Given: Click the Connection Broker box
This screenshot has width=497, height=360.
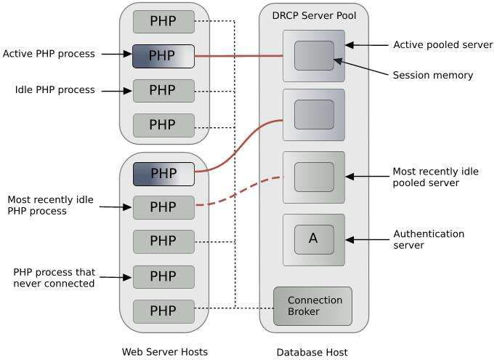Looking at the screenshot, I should (x=312, y=306).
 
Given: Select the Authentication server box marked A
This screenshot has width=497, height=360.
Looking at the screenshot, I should (x=313, y=239).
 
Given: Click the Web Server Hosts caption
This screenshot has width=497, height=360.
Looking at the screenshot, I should (x=164, y=352).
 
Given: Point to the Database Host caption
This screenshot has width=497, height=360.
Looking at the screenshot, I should (x=312, y=352).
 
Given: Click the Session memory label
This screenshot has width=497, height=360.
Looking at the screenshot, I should (x=432, y=75).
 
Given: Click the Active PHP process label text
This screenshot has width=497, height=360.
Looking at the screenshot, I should (x=49, y=54).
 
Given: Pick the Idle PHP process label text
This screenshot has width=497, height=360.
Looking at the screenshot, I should (x=54, y=90).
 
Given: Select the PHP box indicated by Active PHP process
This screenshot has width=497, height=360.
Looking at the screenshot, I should (x=163, y=55).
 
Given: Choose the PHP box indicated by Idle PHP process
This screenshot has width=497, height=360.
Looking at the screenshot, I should (x=163, y=90).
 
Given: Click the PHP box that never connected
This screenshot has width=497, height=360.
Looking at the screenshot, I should (x=163, y=276).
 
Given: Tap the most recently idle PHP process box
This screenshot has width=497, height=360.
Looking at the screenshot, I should (x=163, y=207).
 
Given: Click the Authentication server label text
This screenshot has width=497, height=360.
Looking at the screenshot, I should (x=429, y=239).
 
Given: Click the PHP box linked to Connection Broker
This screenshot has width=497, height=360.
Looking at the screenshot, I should (x=163, y=311).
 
